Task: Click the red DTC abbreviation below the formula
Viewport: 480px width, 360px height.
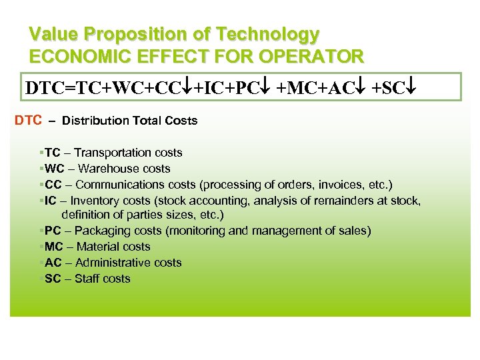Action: pyautogui.click(x=29, y=121)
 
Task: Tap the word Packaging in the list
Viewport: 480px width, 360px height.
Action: pyautogui.click(x=102, y=231)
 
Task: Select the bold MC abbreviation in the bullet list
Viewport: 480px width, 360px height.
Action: pyautogui.click(x=53, y=247)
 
